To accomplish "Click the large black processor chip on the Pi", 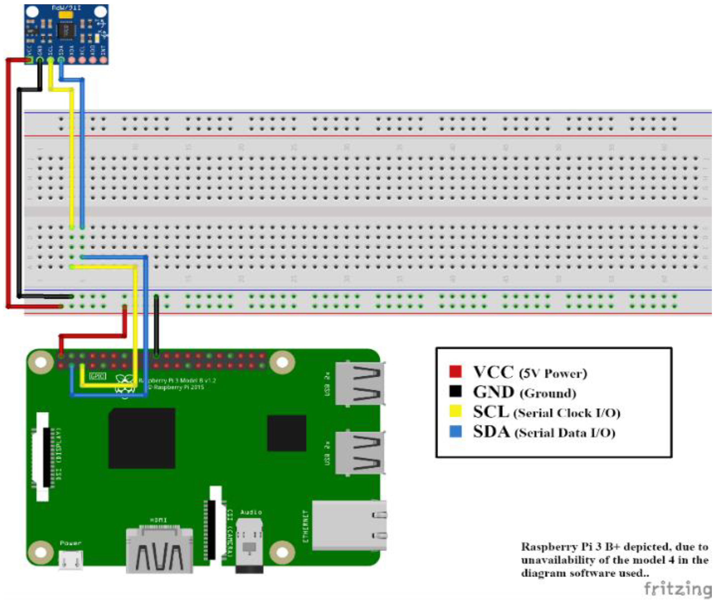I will point(142,438).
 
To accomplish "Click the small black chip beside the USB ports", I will point(286,433).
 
